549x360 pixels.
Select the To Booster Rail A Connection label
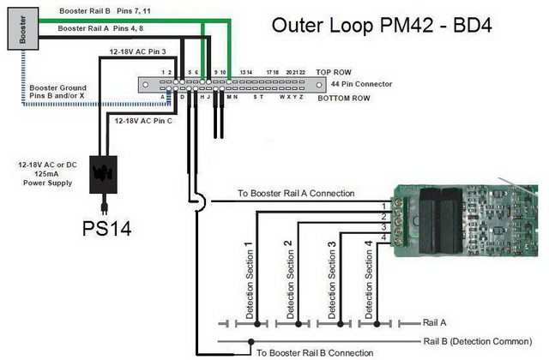297,194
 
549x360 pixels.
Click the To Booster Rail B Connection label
316,352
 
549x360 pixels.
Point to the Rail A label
437,323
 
